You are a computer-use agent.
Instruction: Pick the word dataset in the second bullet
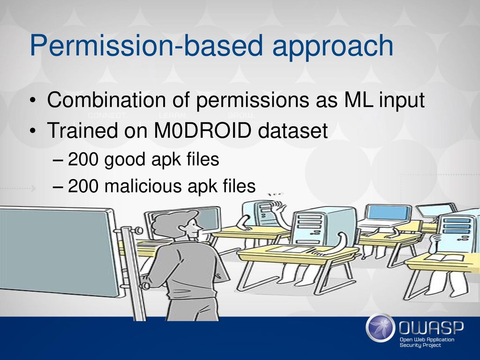tap(293, 130)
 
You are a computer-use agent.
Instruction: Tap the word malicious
tap(143, 186)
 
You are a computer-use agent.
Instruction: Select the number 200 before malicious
tap(83, 186)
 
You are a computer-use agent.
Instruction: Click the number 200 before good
tap(83, 159)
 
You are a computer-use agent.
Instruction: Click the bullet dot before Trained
tap(33, 131)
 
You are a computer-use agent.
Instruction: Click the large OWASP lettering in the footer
tap(431, 328)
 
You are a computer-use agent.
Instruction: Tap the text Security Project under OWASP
tap(420, 345)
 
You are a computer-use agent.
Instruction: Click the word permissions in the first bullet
tap(253, 100)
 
